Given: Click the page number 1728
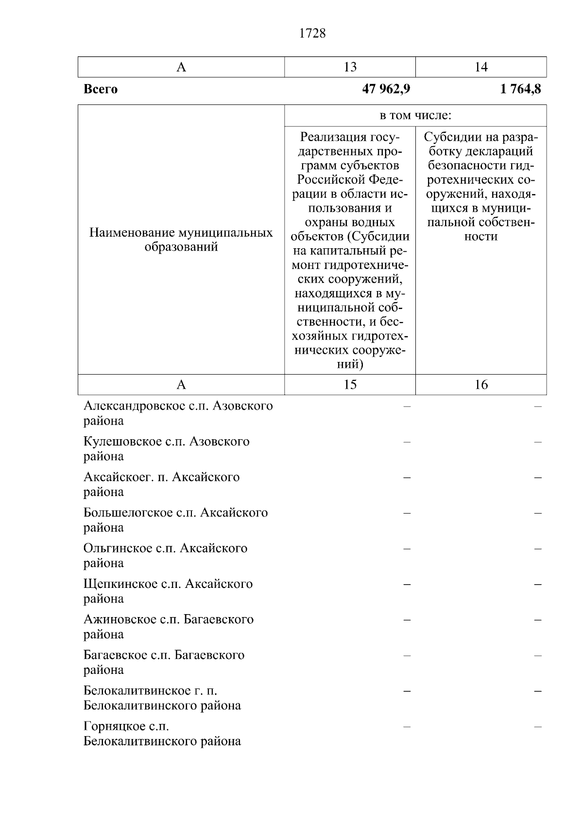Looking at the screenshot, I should (x=312, y=34).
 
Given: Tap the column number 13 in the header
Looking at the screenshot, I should (x=350, y=67).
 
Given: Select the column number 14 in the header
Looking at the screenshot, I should (x=480, y=67).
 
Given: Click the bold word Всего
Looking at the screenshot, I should (x=101, y=89).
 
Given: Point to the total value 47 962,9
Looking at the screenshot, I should (x=386, y=89).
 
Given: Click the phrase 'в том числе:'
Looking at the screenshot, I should (x=415, y=116).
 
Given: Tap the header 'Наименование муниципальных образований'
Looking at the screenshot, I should (x=181, y=240).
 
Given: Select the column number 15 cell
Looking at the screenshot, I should (x=350, y=385).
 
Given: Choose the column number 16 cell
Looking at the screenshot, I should (x=480, y=385).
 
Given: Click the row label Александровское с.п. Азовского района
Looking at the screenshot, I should (x=178, y=413).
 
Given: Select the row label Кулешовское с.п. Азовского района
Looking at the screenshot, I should (x=166, y=449).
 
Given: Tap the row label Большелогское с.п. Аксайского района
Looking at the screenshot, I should (x=175, y=520).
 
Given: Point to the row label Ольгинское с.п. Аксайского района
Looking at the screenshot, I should (x=165, y=555).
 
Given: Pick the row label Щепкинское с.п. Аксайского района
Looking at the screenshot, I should (x=168, y=591).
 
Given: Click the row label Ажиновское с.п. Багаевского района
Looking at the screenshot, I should (x=168, y=626).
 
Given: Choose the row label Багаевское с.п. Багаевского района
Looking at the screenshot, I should (x=164, y=662).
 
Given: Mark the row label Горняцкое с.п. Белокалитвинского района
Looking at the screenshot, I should (x=162, y=734).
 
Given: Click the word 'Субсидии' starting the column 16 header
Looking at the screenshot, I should (x=450, y=137).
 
